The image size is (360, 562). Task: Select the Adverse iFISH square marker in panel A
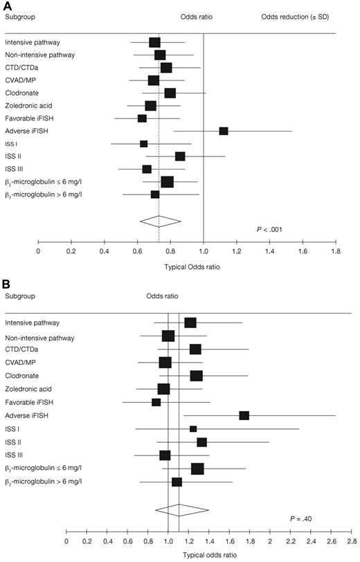pyautogui.click(x=223, y=131)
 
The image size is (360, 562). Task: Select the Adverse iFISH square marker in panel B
pyautogui.click(x=244, y=415)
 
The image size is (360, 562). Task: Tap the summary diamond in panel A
pyautogui.click(x=160, y=221)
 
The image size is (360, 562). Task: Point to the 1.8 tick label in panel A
pyautogui.click(x=336, y=252)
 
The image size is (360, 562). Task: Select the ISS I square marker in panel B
pyautogui.click(x=193, y=429)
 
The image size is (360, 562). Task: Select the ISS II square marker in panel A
pyautogui.click(x=180, y=156)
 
